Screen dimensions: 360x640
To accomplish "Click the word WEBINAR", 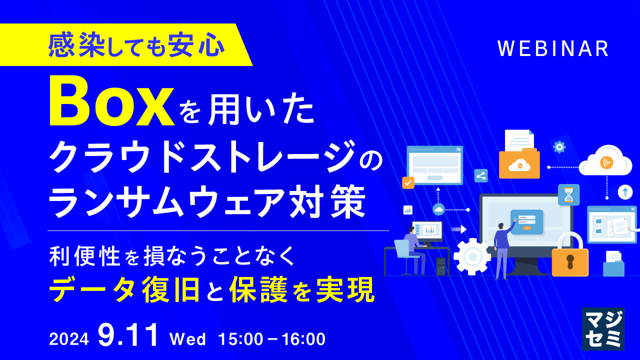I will coord(553,49).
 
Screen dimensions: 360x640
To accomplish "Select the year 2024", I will coord(69,339).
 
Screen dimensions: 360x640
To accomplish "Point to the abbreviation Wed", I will coord(188,339).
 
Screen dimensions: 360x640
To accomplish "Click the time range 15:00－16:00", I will coord(272,339).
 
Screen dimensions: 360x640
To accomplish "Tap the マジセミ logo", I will coord(603,328).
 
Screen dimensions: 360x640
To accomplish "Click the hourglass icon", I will coord(568,194).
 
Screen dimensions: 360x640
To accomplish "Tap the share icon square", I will coord(480,175).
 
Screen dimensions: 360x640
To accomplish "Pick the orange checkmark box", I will coord(408,182).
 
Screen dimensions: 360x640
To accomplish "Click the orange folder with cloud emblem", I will coord(519,164).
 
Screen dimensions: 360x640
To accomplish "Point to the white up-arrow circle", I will coord(625,192).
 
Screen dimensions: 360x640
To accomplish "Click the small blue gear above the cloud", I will coord(559,147).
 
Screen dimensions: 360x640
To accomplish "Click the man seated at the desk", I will coord(413,247).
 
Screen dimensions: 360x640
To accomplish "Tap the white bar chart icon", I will coord(408,210).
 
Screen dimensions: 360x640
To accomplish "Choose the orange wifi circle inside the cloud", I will coord(607,162).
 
